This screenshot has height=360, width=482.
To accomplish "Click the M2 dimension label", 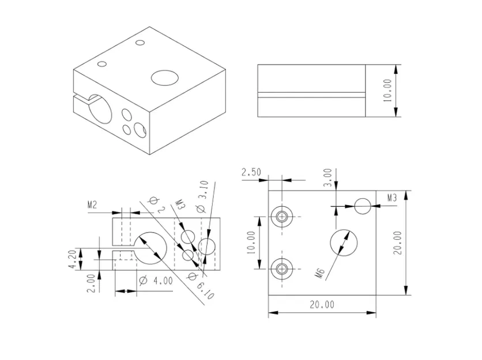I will click(92, 204).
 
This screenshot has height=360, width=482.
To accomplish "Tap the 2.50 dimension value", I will click(252, 172).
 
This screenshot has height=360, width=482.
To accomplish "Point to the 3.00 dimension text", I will click(327, 176).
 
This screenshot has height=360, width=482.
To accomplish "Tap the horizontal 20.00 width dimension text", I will click(321, 305).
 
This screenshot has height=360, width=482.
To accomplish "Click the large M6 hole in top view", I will click(344, 242).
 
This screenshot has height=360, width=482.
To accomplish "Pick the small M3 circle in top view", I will click(362, 206).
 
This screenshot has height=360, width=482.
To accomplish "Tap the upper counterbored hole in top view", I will click(282, 217).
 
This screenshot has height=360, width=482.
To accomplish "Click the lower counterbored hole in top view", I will click(282, 268).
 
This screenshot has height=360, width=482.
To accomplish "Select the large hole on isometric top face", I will click(164, 77).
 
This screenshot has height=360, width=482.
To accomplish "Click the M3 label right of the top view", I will click(391, 198).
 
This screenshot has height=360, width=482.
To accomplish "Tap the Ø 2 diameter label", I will click(157, 204).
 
